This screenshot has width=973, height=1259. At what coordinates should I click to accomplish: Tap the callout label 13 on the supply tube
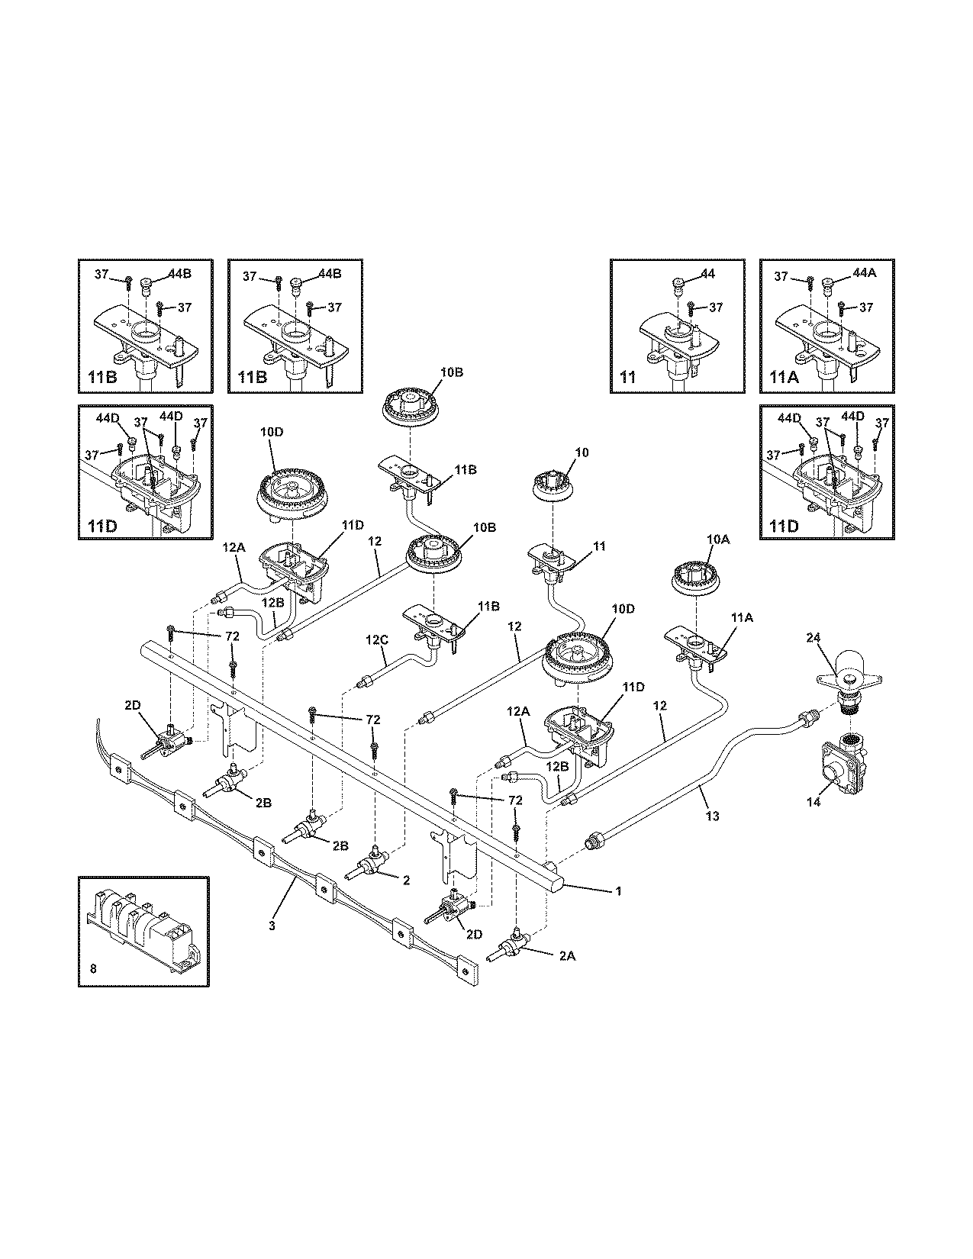[x=712, y=816]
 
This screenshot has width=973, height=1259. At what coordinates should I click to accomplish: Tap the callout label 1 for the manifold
[x=619, y=890]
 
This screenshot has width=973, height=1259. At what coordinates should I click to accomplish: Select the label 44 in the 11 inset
[x=707, y=273]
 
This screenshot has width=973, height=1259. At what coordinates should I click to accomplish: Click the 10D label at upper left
[x=272, y=432]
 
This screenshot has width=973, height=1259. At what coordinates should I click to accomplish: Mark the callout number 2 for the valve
[x=406, y=880]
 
